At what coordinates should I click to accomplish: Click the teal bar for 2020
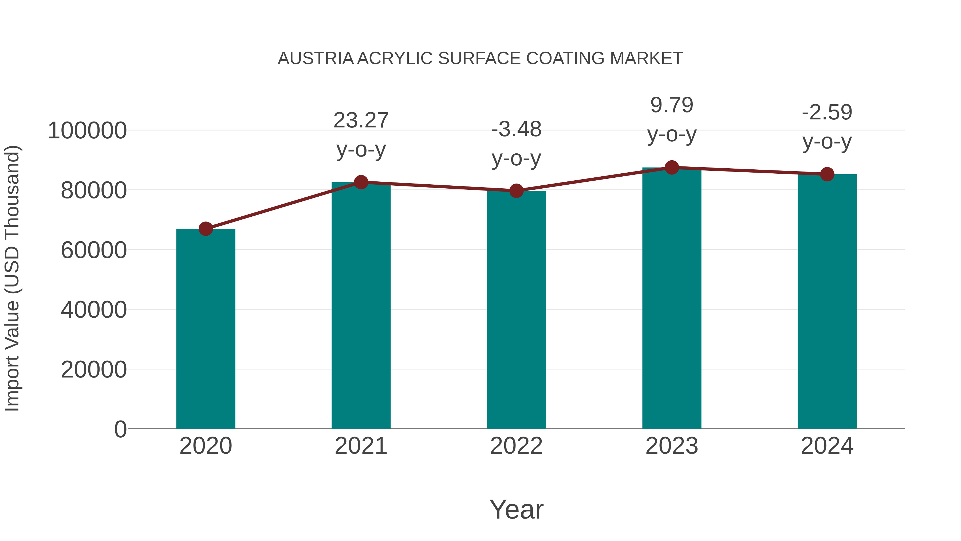206,329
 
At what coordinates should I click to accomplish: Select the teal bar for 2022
516,310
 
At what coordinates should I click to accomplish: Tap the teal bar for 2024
827,301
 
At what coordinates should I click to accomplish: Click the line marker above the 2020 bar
206,229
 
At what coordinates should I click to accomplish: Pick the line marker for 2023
672,168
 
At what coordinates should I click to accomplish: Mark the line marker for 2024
827,174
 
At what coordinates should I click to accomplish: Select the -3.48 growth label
516,130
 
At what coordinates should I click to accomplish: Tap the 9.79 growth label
672,105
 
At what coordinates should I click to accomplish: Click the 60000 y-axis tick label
94,250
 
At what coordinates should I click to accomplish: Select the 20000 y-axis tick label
94,370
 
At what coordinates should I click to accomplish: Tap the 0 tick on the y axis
120,429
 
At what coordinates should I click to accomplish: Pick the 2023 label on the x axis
672,446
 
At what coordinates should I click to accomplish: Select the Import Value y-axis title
12,278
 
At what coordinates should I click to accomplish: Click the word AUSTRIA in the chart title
316,59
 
